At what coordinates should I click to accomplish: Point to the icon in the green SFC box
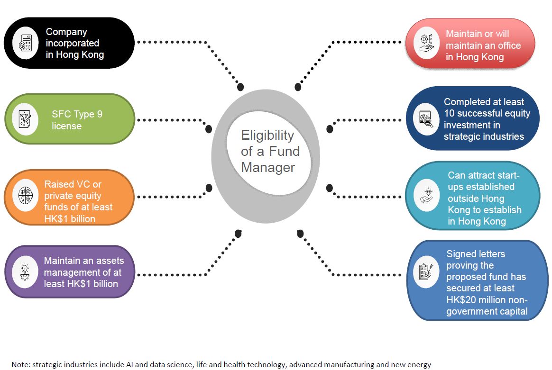(25, 119)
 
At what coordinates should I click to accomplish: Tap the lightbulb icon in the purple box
(25, 271)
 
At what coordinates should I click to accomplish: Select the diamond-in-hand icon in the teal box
(423, 197)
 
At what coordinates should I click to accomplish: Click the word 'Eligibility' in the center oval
(267, 136)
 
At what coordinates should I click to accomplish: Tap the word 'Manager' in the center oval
(267, 167)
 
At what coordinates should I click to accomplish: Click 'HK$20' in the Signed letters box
(459, 300)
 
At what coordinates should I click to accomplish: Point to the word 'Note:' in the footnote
(20, 365)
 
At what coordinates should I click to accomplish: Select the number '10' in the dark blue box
(449, 114)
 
